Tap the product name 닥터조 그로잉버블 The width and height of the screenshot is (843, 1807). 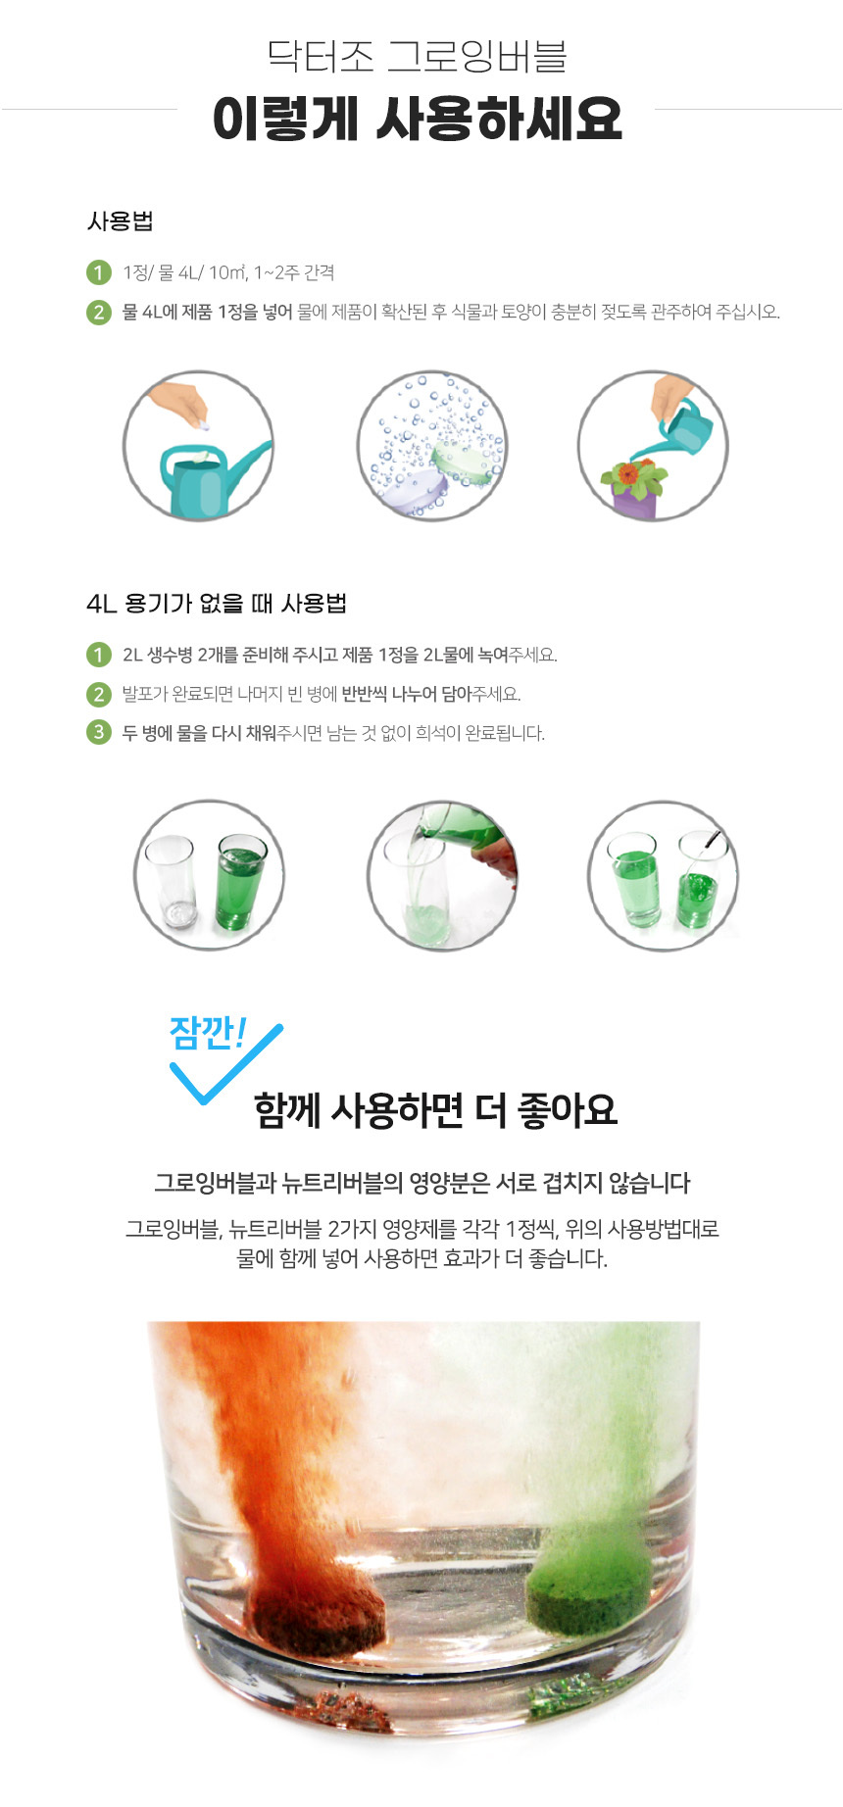(417, 56)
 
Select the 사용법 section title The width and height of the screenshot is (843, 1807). (120, 221)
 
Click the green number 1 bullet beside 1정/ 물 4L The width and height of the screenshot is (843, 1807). (99, 272)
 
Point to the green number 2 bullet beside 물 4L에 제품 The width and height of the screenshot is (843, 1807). (99, 313)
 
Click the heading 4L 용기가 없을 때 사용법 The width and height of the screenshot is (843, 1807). (217, 604)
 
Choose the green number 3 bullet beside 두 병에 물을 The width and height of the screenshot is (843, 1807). (99, 732)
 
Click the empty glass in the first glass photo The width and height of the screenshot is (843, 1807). (171, 882)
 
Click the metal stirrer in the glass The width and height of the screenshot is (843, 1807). (713, 843)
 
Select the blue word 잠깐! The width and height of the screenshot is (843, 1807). (207, 1033)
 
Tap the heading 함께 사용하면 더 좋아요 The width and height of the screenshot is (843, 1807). (435, 1110)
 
